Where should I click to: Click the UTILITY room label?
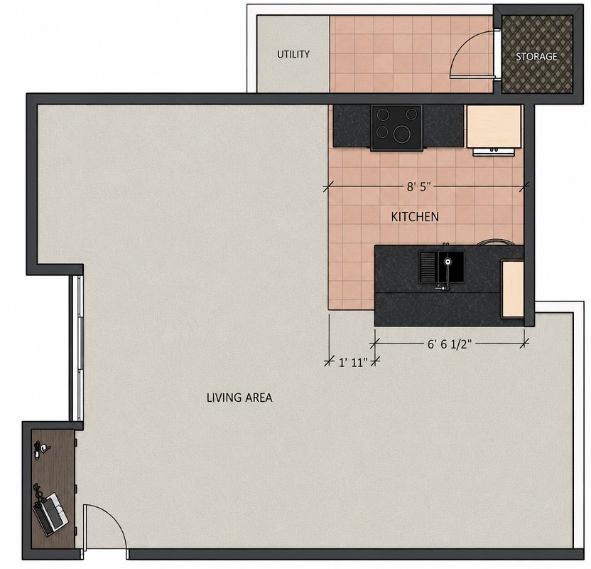tap(293, 54)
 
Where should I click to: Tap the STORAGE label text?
tap(536, 57)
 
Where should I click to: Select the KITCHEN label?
tap(415, 217)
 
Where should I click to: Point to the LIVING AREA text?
tap(239, 398)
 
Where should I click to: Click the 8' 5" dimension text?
tap(418, 187)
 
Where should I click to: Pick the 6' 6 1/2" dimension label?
tap(449, 344)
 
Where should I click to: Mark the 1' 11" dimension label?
tap(353, 363)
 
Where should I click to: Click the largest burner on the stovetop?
tap(403, 134)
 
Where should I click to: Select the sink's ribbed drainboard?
tap(428, 267)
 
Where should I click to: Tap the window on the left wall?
tap(80, 349)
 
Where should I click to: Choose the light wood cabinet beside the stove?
tap(494, 127)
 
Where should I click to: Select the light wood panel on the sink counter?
tap(513, 289)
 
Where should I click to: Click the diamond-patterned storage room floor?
tap(537, 54)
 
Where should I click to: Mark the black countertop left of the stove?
tap(352, 126)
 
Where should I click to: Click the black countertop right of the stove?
tap(443, 126)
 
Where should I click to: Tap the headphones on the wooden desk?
tap(41, 450)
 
